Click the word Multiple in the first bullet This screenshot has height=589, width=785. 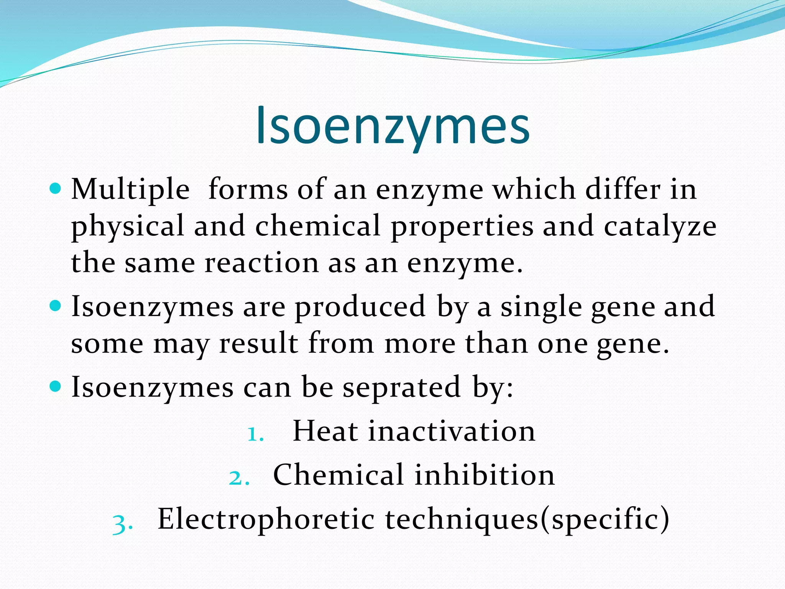tap(130, 189)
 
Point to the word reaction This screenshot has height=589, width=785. tap(261, 263)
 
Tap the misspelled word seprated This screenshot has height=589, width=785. tap(401, 387)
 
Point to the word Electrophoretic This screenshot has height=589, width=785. tap(266, 519)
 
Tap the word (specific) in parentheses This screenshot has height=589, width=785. tap(604, 519)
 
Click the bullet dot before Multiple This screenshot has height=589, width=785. tap(56, 189)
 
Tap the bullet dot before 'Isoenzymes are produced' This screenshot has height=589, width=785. tap(56, 306)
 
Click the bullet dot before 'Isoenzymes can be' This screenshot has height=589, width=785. tap(56, 386)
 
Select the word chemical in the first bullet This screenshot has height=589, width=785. tap(318, 226)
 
